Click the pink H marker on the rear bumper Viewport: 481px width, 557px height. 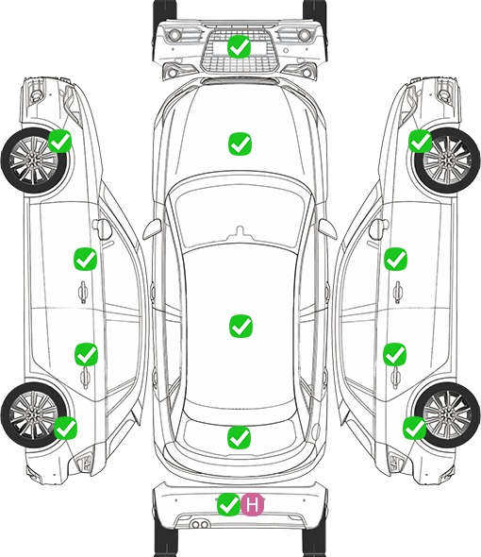tap(253, 504)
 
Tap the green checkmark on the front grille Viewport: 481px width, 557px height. tap(240, 46)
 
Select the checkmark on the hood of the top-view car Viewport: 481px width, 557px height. tap(240, 143)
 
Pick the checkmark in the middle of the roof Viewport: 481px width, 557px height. tap(240, 326)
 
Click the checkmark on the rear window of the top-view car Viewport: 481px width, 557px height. tap(240, 437)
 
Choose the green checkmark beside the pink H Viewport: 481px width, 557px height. tap(228, 504)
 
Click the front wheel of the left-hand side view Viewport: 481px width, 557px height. tap(34, 161)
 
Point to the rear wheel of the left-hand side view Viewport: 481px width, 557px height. tap(33, 414)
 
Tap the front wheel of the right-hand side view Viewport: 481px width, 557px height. tap(447, 160)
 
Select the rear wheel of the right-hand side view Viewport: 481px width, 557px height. tap(447, 414)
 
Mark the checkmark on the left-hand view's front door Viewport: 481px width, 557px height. tap(85, 259)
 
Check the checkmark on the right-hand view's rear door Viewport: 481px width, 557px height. tap(395, 354)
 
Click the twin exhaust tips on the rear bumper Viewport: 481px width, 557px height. tap(200, 524)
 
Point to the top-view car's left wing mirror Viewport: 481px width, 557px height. tap(152, 229)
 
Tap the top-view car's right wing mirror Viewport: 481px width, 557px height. tap(327, 229)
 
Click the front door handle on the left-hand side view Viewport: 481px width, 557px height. tap(83, 292)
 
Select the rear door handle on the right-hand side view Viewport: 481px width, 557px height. tap(395, 378)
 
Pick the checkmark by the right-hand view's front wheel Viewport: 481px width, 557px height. tap(421, 141)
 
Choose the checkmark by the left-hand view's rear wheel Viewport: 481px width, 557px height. tap(65, 428)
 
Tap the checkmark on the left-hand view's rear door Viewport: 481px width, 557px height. tap(86, 354)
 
